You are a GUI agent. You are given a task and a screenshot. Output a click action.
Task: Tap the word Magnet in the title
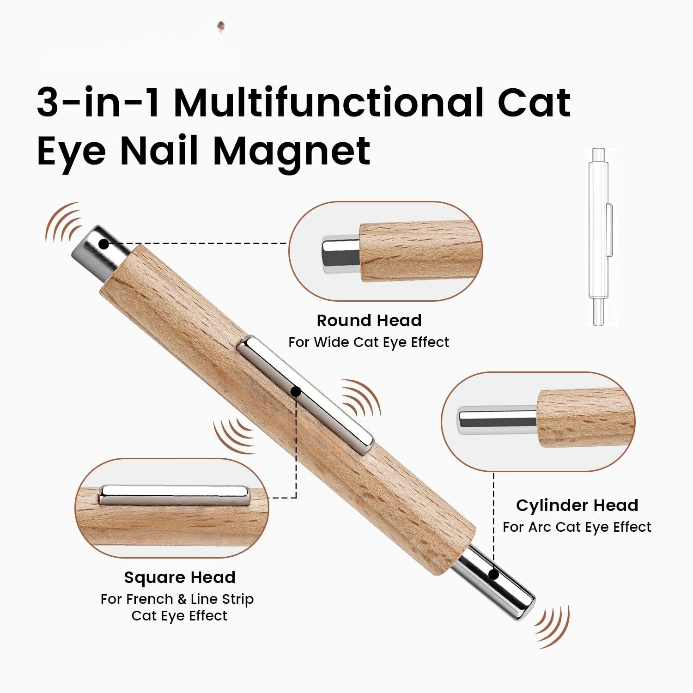[x=292, y=151]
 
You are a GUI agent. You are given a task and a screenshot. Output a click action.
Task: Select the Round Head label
[x=369, y=320]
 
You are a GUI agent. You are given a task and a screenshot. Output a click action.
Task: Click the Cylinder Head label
[x=577, y=505]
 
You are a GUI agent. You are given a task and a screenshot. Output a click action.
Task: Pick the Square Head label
[x=180, y=577]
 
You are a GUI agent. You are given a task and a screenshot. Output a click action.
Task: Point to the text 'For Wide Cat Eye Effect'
[x=369, y=342]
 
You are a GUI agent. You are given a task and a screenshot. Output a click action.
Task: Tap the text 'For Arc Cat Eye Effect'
[x=577, y=527]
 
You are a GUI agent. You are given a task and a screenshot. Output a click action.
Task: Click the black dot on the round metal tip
[x=105, y=243]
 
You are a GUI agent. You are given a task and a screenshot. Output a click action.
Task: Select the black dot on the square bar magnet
[x=296, y=392]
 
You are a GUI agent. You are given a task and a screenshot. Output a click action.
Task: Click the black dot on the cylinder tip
[x=493, y=575]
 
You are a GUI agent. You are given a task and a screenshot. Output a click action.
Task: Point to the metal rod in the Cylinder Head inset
[x=497, y=420]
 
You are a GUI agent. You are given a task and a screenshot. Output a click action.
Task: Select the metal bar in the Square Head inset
[x=174, y=494]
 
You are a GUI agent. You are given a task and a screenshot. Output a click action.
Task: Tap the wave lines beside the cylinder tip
[x=552, y=627]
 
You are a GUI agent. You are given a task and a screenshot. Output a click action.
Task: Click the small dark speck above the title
[x=221, y=26]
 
